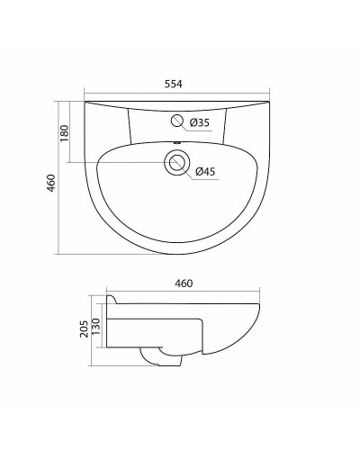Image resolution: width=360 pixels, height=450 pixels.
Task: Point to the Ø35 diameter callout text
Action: pyautogui.click(x=201, y=121)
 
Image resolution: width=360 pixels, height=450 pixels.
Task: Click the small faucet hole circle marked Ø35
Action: pyautogui.click(x=177, y=121)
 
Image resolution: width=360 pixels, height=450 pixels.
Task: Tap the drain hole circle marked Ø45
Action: pyautogui.click(x=177, y=163)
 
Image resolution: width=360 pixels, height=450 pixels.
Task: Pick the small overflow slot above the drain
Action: pyautogui.click(x=177, y=145)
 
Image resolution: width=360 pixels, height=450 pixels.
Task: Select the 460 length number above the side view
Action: pyautogui.click(x=183, y=284)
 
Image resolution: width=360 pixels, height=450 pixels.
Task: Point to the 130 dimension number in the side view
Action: pyautogui.click(x=98, y=333)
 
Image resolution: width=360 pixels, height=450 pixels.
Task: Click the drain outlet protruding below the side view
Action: pyautogui.click(x=161, y=358)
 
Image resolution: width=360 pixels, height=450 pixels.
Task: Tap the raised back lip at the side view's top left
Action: pyautogui.click(x=109, y=299)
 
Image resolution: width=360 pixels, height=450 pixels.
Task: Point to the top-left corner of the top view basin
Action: pyautogui.click(x=85, y=103)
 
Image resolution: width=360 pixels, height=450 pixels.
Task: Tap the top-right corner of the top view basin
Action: pyautogui.click(x=270, y=103)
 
